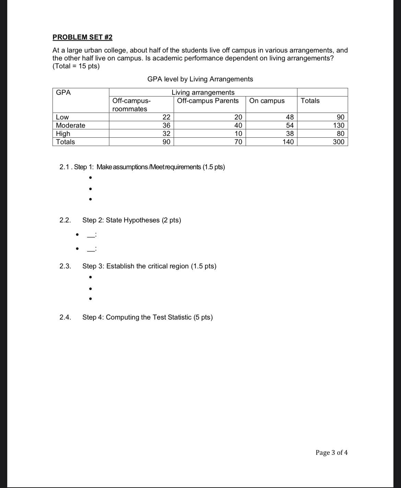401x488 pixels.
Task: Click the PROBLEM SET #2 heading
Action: pyautogui.click(x=82, y=37)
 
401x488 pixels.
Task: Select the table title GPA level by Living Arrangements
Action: pyautogui.click(x=200, y=79)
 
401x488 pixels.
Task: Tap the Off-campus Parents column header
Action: pyautogui.click(x=208, y=101)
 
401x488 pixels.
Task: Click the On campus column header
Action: pyautogui.click(x=267, y=101)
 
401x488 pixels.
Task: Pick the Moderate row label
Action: pyautogui.click(x=70, y=125)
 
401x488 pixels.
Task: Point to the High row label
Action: pyautogui.click(x=63, y=133)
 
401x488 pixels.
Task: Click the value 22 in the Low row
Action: pyautogui.click(x=166, y=117)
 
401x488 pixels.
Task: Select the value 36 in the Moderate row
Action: pyautogui.click(x=166, y=125)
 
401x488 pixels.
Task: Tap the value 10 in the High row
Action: pyautogui.click(x=238, y=133)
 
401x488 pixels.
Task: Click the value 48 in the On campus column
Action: pyautogui.click(x=290, y=117)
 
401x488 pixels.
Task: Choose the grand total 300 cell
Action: pyautogui.click(x=338, y=142)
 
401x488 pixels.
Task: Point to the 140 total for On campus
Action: pyautogui.click(x=288, y=142)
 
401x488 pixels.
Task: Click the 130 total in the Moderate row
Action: pyautogui.click(x=338, y=125)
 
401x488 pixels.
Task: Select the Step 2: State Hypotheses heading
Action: pyautogui.click(x=131, y=220)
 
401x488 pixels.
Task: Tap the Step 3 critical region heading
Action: pyautogui.click(x=149, y=266)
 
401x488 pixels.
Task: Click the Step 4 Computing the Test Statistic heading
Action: pyautogui.click(x=148, y=317)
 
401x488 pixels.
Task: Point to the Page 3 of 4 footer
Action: pyautogui.click(x=331, y=452)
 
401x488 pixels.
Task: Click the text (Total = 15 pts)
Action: pyautogui.click(x=76, y=66)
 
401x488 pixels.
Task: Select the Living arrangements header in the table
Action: pyautogui.click(x=203, y=92)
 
